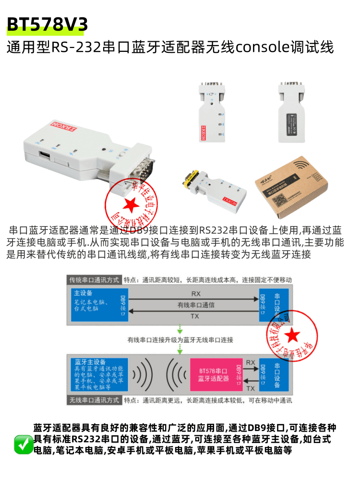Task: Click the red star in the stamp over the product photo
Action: pyautogui.click(x=130, y=205)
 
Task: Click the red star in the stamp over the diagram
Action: pyautogui.click(x=291, y=335)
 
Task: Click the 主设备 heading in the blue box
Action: pyautogui.click(x=84, y=293)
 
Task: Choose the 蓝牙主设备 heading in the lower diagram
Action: pyautogui.click(x=88, y=361)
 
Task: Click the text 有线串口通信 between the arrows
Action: pyautogui.click(x=196, y=305)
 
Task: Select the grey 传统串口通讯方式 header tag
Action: pyautogui.click(x=94, y=280)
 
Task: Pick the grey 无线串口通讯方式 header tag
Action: pyautogui.click(x=94, y=400)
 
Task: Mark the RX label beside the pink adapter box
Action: pyautogui.click(x=251, y=362)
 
